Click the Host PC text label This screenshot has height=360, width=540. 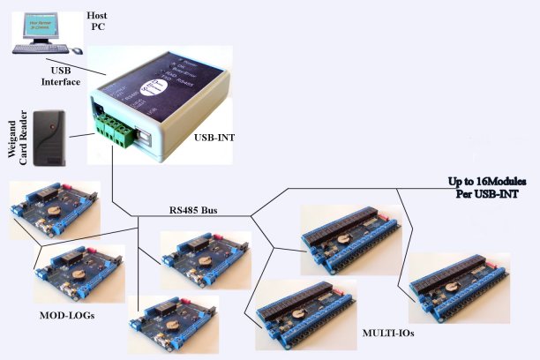point(97,23)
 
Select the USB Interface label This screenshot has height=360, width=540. point(68,76)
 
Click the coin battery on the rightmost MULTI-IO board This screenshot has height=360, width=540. point(462,284)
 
